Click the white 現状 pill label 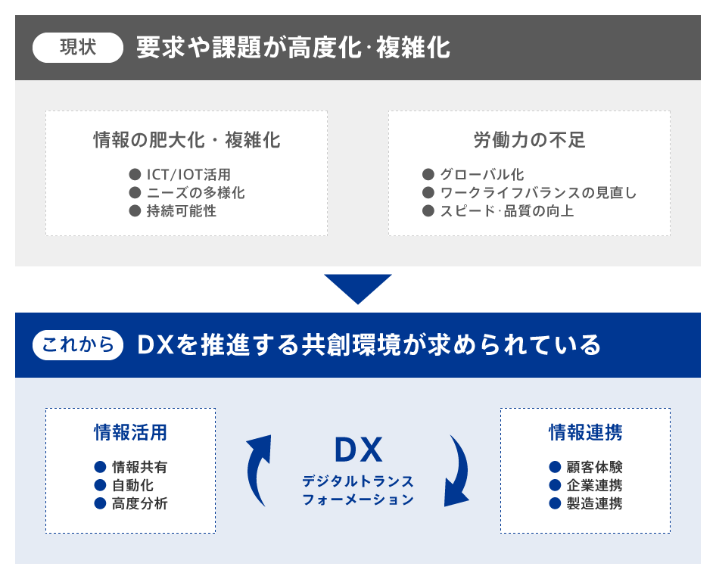pyautogui.click(x=78, y=48)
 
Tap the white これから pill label pyautogui.click(x=78, y=345)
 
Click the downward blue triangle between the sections pyautogui.click(x=358, y=288)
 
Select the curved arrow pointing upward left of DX pyautogui.click(x=257, y=470)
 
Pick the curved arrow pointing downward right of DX pyautogui.click(x=459, y=470)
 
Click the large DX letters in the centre pyautogui.click(x=359, y=450)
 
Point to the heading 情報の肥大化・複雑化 pyautogui.click(x=187, y=140)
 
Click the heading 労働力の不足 pyautogui.click(x=529, y=140)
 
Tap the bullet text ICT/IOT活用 pyautogui.click(x=188, y=174)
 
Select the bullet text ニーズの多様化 pyautogui.click(x=196, y=193)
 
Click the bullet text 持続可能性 pyautogui.click(x=182, y=211)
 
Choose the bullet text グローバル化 pyautogui.click(x=481, y=174)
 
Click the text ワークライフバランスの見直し pyautogui.click(x=538, y=193)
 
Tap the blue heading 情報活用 pyautogui.click(x=131, y=432)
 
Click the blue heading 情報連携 pyautogui.click(x=585, y=432)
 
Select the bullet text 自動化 pyautogui.click(x=133, y=485)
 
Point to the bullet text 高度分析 pyautogui.click(x=140, y=503)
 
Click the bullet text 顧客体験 pyautogui.click(x=595, y=467)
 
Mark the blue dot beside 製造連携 pyautogui.click(x=555, y=503)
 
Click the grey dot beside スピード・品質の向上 pyautogui.click(x=428, y=211)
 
